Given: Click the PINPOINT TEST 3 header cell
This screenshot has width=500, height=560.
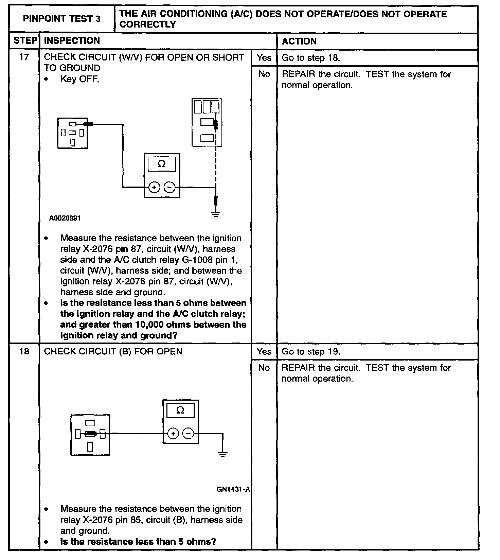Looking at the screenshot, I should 61,19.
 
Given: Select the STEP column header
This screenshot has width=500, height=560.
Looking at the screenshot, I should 24,41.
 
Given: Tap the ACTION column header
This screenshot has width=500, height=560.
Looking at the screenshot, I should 299,41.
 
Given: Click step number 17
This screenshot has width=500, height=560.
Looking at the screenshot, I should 24,57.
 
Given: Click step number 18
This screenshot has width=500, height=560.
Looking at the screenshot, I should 24,351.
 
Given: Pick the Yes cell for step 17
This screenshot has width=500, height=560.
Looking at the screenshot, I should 264,57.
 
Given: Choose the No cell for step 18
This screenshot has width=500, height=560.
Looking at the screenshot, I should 264,368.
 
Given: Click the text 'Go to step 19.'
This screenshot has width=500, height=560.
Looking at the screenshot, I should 310,351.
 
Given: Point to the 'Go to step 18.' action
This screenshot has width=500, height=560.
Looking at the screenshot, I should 310,58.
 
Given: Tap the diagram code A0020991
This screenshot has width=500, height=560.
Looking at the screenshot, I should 65,218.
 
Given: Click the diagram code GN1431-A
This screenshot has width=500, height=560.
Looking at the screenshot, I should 233,489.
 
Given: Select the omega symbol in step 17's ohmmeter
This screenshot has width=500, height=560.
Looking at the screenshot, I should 162,164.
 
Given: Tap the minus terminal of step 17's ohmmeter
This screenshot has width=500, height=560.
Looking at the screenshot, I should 170,187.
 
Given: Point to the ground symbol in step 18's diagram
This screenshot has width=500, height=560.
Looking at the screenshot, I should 222,454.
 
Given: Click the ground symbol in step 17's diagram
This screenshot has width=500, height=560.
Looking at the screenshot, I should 216,214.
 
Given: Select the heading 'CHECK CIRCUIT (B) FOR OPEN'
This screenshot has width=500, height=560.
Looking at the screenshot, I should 113,351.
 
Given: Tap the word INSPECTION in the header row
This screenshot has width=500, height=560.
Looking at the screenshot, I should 72,41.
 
